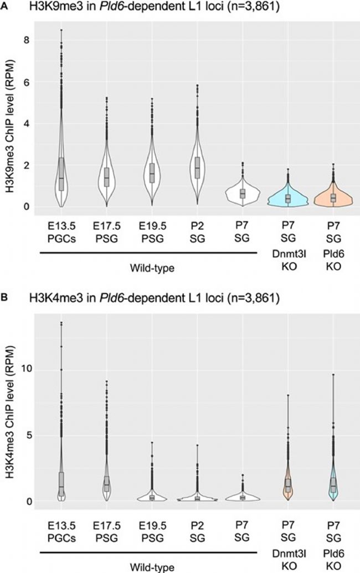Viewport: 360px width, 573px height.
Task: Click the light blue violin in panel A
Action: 287,199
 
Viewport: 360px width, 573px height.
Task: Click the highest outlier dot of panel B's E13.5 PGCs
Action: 61,323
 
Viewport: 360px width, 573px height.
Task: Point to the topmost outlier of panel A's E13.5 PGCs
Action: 61,30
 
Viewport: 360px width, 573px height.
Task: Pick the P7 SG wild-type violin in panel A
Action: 243,193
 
